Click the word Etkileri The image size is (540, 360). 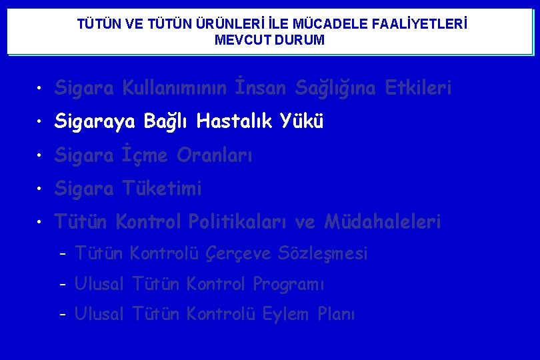[418, 88]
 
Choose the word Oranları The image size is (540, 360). [215, 156]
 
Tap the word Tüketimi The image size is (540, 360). [162, 189]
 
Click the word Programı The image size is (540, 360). [288, 285]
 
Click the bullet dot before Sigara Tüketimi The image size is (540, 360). [41, 189]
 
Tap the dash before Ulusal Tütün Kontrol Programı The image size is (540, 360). [62, 285]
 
